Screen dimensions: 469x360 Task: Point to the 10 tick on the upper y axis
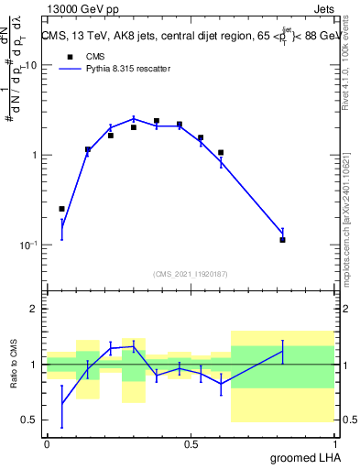coord(30,66)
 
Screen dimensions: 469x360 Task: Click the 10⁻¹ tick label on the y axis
coord(27,245)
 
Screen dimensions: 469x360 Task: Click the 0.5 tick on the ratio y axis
coord(30,420)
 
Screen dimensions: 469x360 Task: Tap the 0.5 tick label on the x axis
coord(191,443)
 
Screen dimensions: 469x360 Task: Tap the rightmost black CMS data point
coord(283,240)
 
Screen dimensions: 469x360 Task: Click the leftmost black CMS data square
coord(62,209)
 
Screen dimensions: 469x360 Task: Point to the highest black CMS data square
coord(157,121)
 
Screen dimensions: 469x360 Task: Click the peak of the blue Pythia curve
coord(134,118)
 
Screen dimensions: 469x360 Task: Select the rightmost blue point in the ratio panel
coord(283,351)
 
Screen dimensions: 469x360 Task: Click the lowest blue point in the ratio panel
coord(62,403)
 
